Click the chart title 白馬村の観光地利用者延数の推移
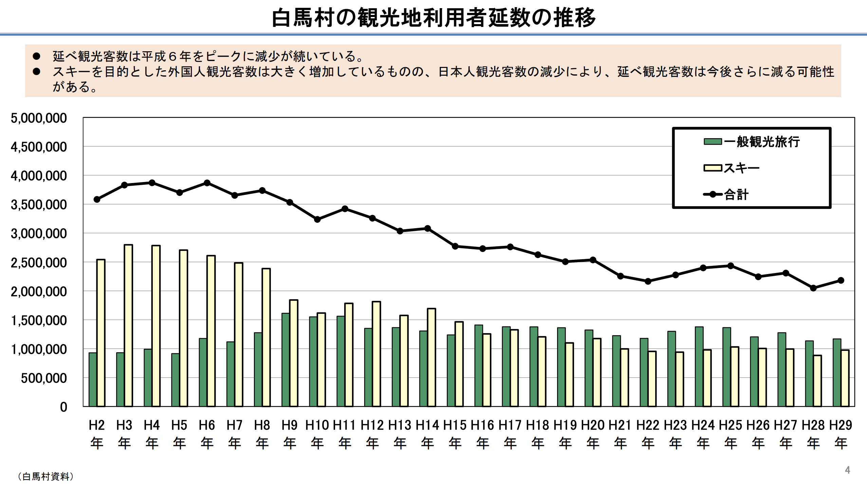coord(434,18)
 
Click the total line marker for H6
coord(207,183)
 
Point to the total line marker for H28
coord(813,288)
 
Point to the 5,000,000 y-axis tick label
coord(39,118)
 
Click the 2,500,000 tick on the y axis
coord(39,263)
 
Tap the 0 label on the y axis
coord(63,407)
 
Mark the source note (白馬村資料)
coord(45,476)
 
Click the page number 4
coord(848,470)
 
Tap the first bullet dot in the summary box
coord(36,56)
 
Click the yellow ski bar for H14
coord(431,357)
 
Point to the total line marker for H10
coord(317,219)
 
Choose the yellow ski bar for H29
coord(845,378)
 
